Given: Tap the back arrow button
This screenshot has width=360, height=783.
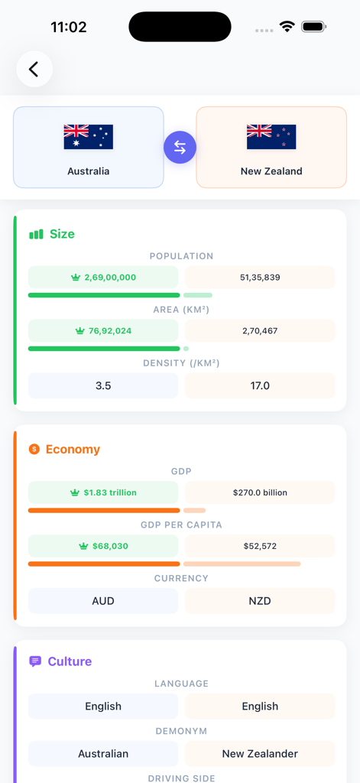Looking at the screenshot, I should click(x=34, y=70).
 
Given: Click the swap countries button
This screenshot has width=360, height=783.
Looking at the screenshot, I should click(x=180, y=148).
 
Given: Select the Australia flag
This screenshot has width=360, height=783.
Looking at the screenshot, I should click(x=89, y=137).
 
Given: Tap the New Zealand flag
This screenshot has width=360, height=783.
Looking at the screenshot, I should click(x=271, y=137).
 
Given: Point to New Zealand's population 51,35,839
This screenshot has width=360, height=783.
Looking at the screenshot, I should click(x=260, y=278).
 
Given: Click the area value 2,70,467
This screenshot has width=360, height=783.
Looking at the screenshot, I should click(x=260, y=331).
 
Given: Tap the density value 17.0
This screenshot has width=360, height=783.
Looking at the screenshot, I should click(x=260, y=386).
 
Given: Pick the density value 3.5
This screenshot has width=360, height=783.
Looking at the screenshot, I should click(x=103, y=386).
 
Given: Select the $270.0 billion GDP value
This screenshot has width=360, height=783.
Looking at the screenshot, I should click(x=260, y=493).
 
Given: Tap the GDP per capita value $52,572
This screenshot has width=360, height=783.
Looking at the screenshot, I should click(x=260, y=547).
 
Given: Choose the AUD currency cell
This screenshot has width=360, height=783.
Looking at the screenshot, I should click(x=103, y=601).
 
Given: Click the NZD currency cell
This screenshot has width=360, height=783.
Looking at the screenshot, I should click(x=260, y=601).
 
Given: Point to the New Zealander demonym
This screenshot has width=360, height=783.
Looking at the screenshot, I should click(x=260, y=754).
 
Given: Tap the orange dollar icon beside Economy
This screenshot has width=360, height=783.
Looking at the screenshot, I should click(x=34, y=449).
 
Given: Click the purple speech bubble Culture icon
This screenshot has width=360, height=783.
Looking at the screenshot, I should click(x=35, y=661).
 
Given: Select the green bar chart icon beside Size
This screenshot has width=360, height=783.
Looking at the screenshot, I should click(x=36, y=234).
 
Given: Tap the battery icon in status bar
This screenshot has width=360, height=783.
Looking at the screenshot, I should click(x=313, y=27).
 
